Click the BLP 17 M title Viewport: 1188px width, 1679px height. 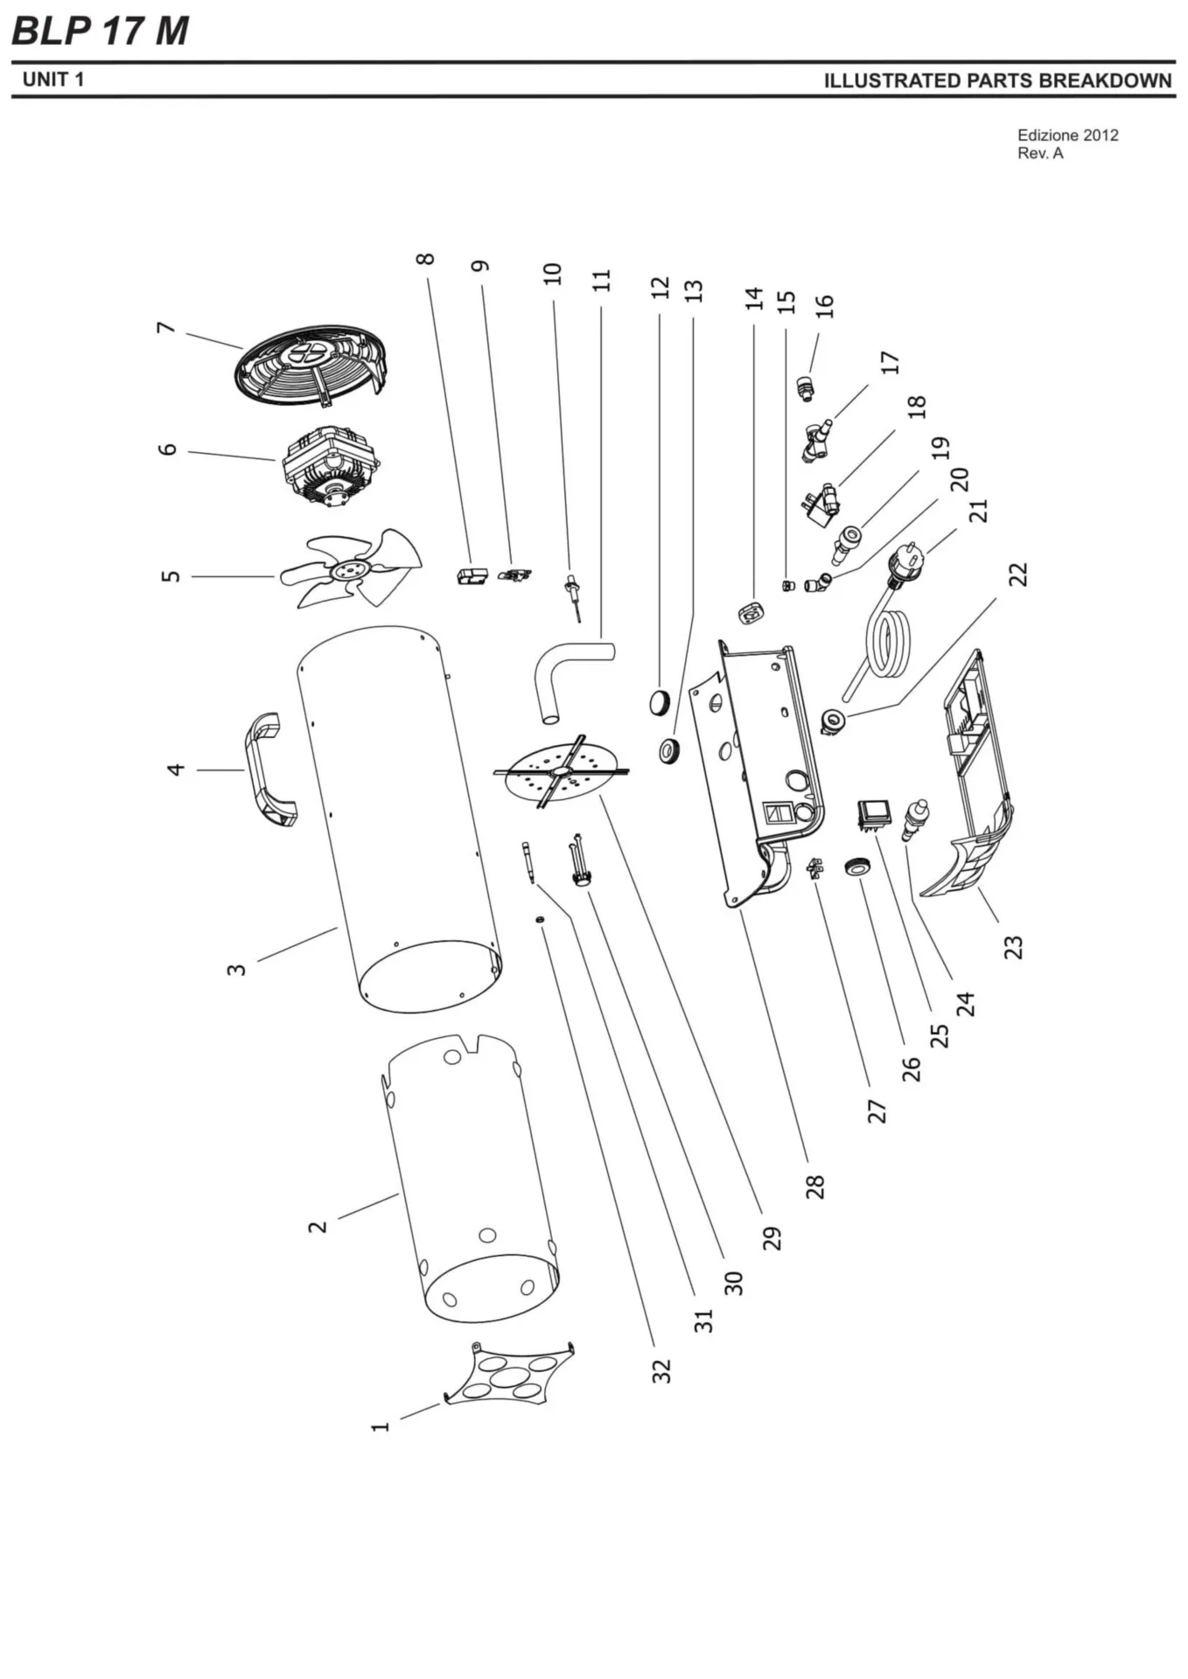click(100, 31)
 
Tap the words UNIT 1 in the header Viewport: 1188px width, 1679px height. click(53, 80)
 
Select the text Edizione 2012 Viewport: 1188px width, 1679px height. click(1067, 136)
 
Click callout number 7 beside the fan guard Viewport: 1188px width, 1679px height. click(166, 329)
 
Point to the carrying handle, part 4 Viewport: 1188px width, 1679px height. click(267, 770)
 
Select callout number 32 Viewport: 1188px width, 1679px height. click(661, 1370)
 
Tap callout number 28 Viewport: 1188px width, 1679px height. click(814, 1186)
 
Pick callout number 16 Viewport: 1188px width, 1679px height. click(824, 306)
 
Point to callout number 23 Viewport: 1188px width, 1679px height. click(1012, 946)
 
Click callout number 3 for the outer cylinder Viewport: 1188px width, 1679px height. click(236, 969)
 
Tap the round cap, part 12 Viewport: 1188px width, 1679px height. click(658, 700)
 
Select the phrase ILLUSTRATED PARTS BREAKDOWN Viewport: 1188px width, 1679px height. click(997, 80)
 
